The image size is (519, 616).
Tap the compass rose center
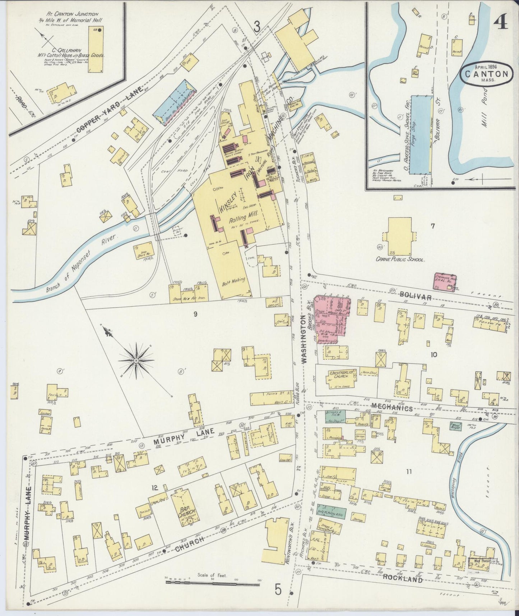tap(136, 360)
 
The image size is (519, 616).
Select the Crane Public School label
tap(400, 259)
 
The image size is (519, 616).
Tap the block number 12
tap(155, 488)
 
